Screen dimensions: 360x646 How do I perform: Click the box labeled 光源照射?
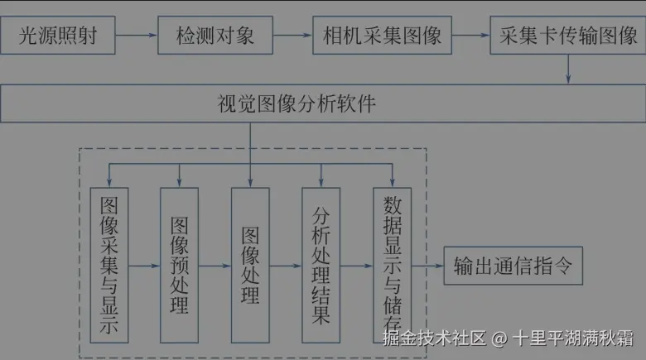56,36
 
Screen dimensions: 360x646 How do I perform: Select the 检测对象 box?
215,36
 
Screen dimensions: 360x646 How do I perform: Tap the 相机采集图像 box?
383,36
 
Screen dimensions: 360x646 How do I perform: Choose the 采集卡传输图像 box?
567,36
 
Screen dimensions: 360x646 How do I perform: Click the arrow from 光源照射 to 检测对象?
135,36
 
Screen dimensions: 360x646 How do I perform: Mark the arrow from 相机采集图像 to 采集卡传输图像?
471,36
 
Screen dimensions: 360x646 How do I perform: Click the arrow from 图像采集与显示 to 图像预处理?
143,266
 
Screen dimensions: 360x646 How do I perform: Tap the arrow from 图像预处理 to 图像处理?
215,266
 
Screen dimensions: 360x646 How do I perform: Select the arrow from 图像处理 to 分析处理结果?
286,266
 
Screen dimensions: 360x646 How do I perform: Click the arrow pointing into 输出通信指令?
427,266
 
